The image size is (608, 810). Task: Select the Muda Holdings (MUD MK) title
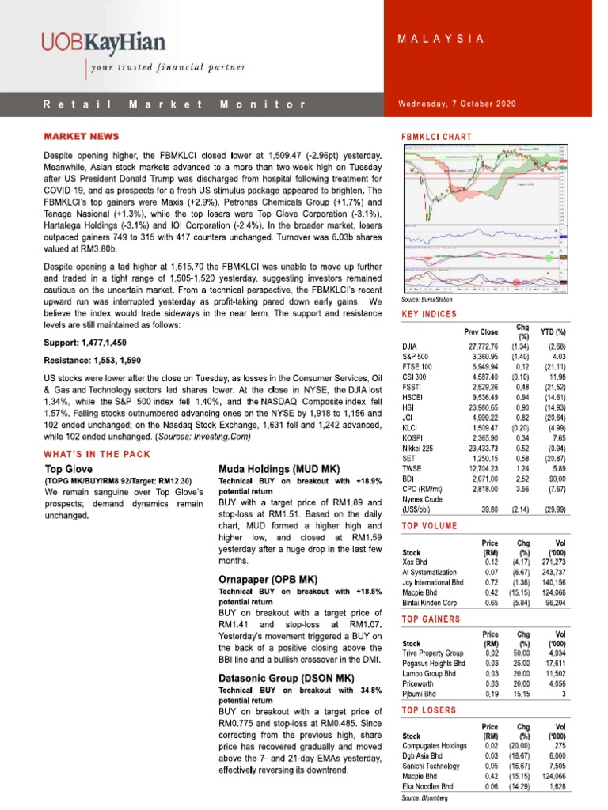click(x=275, y=469)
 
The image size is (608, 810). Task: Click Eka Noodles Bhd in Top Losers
click(x=427, y=787)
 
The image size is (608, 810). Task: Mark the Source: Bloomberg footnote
click(x=425, y=799)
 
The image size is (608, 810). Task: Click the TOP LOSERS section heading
click(x=431, y=711)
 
